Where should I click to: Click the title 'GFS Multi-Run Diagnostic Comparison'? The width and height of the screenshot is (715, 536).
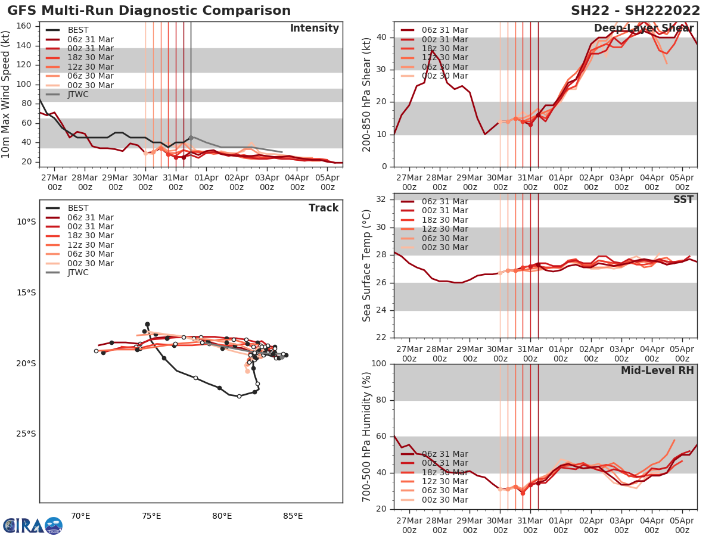[x=149, y=11]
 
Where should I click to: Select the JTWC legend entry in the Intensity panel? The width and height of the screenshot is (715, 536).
[x=78, y=94]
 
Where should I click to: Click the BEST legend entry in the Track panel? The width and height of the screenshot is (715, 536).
[x=78, y=208]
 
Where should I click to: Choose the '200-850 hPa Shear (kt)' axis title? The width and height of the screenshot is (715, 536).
[x=368, y=94]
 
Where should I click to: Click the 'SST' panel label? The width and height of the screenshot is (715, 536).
[x=683, y=200]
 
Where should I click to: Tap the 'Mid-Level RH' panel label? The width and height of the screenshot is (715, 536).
[x=657, y=370]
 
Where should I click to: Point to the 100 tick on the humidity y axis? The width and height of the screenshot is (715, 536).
[x=383, y=364]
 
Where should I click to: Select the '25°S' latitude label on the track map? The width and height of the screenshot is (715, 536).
[x=26, y=434]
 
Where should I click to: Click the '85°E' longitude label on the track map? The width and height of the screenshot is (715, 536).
[x=293, y=516]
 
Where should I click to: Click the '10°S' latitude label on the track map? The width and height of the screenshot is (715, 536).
[x=26, y=222]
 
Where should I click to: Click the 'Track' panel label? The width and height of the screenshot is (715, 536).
[x=324, y=208]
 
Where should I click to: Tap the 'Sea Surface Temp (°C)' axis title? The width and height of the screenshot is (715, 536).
[x=368, y=265]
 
